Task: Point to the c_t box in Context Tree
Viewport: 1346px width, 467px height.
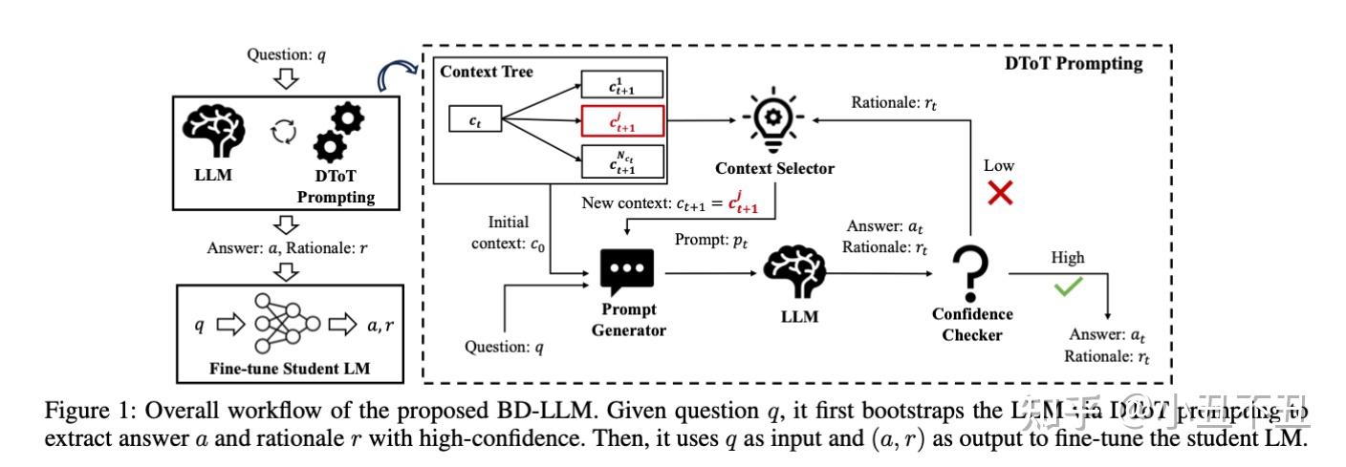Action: [474, 121]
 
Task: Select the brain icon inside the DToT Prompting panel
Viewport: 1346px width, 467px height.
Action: [799, 273]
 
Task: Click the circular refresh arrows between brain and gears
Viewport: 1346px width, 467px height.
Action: [284, 133]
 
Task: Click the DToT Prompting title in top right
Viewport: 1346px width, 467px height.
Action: [1073, 64]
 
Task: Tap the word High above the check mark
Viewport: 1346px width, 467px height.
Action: [1067, 258]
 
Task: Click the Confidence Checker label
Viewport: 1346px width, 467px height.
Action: [972, 324]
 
